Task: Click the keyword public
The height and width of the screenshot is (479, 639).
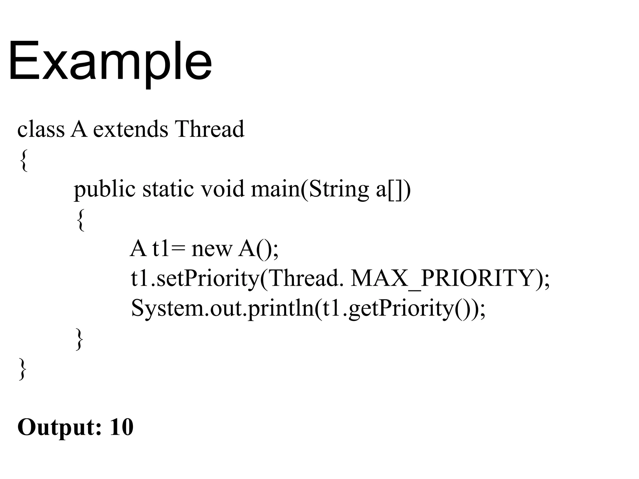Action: point(105,189)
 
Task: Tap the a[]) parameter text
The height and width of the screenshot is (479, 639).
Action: point(393,189)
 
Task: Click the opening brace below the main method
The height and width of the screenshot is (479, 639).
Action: point(80,220)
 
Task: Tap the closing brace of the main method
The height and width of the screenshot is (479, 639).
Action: point(80,339)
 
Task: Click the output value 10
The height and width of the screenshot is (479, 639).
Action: point(121,427)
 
